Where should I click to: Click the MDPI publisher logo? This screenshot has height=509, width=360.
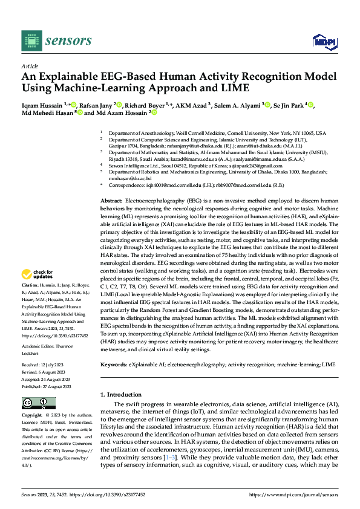coord(323,41)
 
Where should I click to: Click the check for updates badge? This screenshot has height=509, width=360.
coord(37,274)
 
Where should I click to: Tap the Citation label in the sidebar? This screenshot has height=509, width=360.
coord(31,285)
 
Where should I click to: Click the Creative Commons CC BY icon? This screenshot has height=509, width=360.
coord(38,403)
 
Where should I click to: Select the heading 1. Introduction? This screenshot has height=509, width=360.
coord(121,395)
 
